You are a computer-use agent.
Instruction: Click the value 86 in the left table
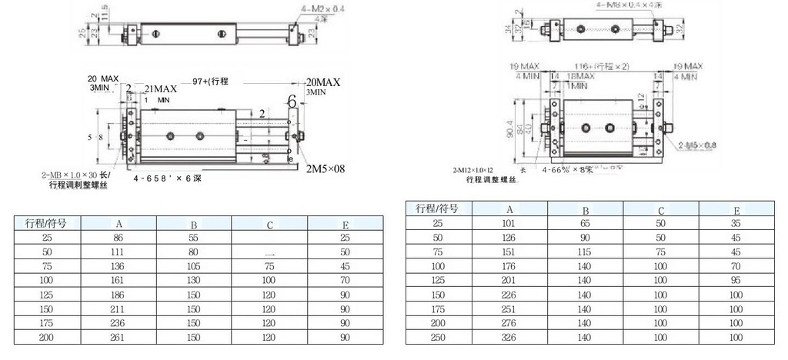click(x=119, y=238)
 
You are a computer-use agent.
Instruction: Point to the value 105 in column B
click(x=194, y=267)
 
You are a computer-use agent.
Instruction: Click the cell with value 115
click(x=586, y=252)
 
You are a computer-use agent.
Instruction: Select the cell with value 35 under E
click(x=736, y=222)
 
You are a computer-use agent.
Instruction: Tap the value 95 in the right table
click(x=736, y=281)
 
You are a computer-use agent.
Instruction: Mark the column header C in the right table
click(x=661, y=209)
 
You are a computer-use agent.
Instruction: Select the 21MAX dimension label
click(x=161, y=88)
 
